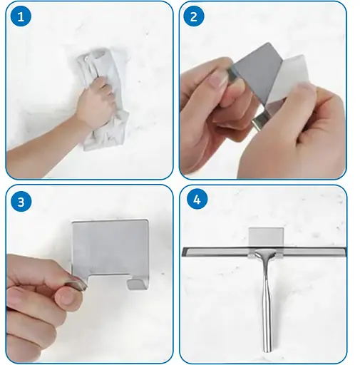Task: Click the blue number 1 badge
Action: click(21, 17)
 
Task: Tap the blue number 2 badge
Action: click(194, 16)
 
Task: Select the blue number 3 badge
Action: click(21, 202)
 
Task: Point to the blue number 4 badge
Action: click(197, 200)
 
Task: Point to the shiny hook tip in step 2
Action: click(258, 122)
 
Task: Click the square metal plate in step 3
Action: click(110, 247)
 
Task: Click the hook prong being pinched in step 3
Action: click(77, 283)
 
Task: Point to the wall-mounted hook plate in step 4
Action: click(266, 237)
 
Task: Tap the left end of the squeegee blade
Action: click(182, 252)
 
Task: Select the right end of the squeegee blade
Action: click(346, 252)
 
